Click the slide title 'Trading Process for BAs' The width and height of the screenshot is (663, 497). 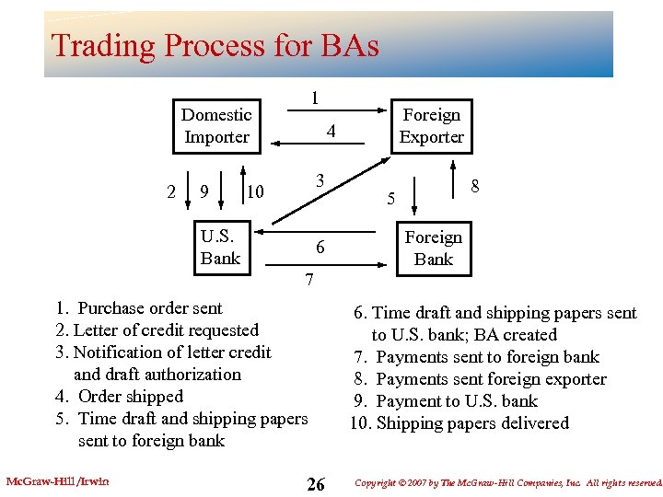[x=215, y=45]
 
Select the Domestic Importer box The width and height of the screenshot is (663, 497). [x=216, y=126]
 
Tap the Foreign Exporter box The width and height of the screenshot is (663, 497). [x=431, y=126]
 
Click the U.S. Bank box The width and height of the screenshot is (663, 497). [x=220, y=248]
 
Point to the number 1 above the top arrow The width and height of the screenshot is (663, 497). [x=315, y=98]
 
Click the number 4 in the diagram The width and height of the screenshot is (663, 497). [x=331, y=133]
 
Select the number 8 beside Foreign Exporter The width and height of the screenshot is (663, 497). [x=475, y=186]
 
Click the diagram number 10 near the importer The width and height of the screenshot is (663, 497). [x=255, y=191]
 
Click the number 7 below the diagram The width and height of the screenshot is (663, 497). [x=309, y=278]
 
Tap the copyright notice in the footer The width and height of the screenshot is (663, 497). [x=507, y=482]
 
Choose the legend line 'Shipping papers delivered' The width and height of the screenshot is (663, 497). [x=459, y=423]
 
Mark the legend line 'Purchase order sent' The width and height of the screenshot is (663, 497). [x=139, y=308]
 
